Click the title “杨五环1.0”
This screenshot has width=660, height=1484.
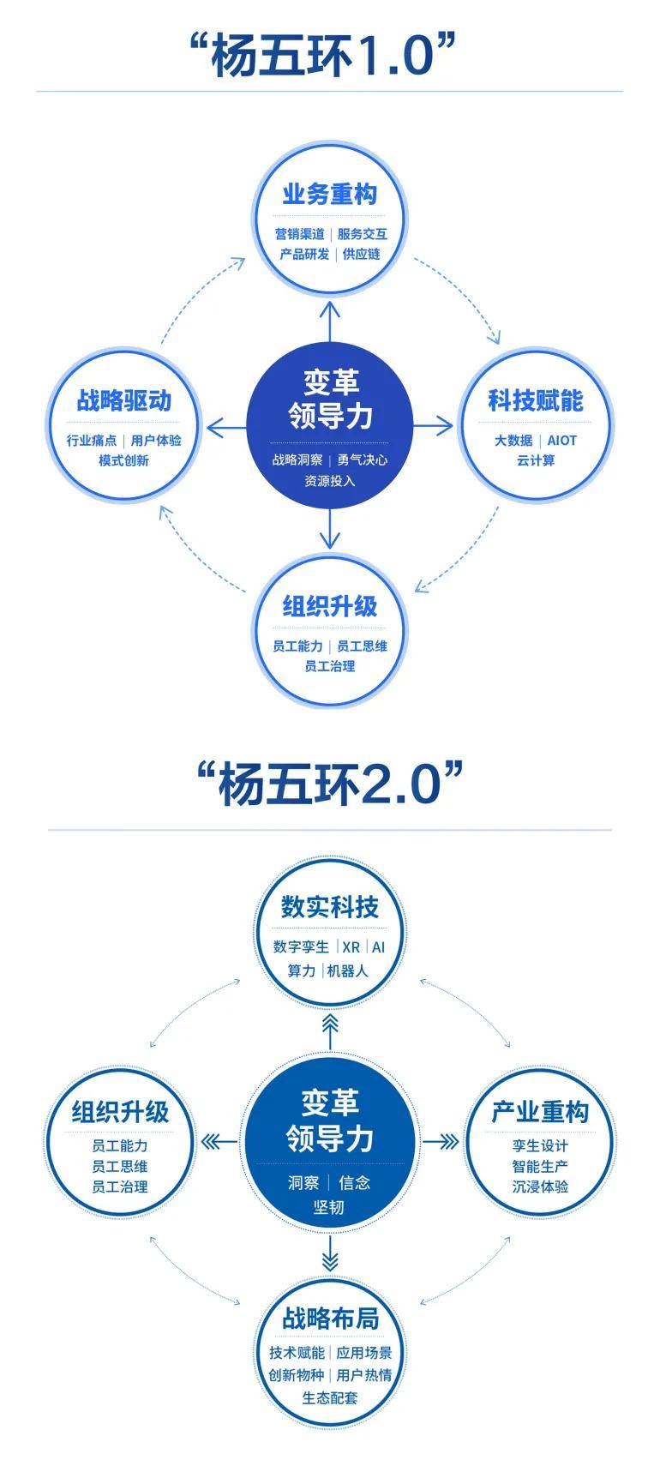click(328, 57)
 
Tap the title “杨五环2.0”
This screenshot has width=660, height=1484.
click(330, 784)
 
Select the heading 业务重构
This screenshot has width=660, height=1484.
click(330, 195)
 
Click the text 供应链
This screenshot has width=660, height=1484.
click(362, 255)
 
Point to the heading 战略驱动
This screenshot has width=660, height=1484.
click(124, 400)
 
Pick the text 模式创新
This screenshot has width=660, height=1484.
click(124, 461)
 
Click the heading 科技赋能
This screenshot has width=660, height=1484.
click(536, 400)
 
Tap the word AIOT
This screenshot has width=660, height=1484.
click(562, 441)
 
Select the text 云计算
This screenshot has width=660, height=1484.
click(536, 461)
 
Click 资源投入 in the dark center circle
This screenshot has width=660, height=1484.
click(330, 481)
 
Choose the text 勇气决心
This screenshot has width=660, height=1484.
click(363, 460)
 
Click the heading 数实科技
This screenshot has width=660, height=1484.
click(330, 907)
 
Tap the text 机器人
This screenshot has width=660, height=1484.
click(348, 971)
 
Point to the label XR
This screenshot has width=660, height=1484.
click(351, 947)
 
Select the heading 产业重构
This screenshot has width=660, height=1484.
click(540, 1112)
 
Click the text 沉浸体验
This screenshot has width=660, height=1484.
click(540, 1187)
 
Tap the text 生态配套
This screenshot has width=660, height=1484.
click(330, 1397)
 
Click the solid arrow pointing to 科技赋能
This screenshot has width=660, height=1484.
click(433, 425)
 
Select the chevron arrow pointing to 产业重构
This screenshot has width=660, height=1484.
click(441, 1142)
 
